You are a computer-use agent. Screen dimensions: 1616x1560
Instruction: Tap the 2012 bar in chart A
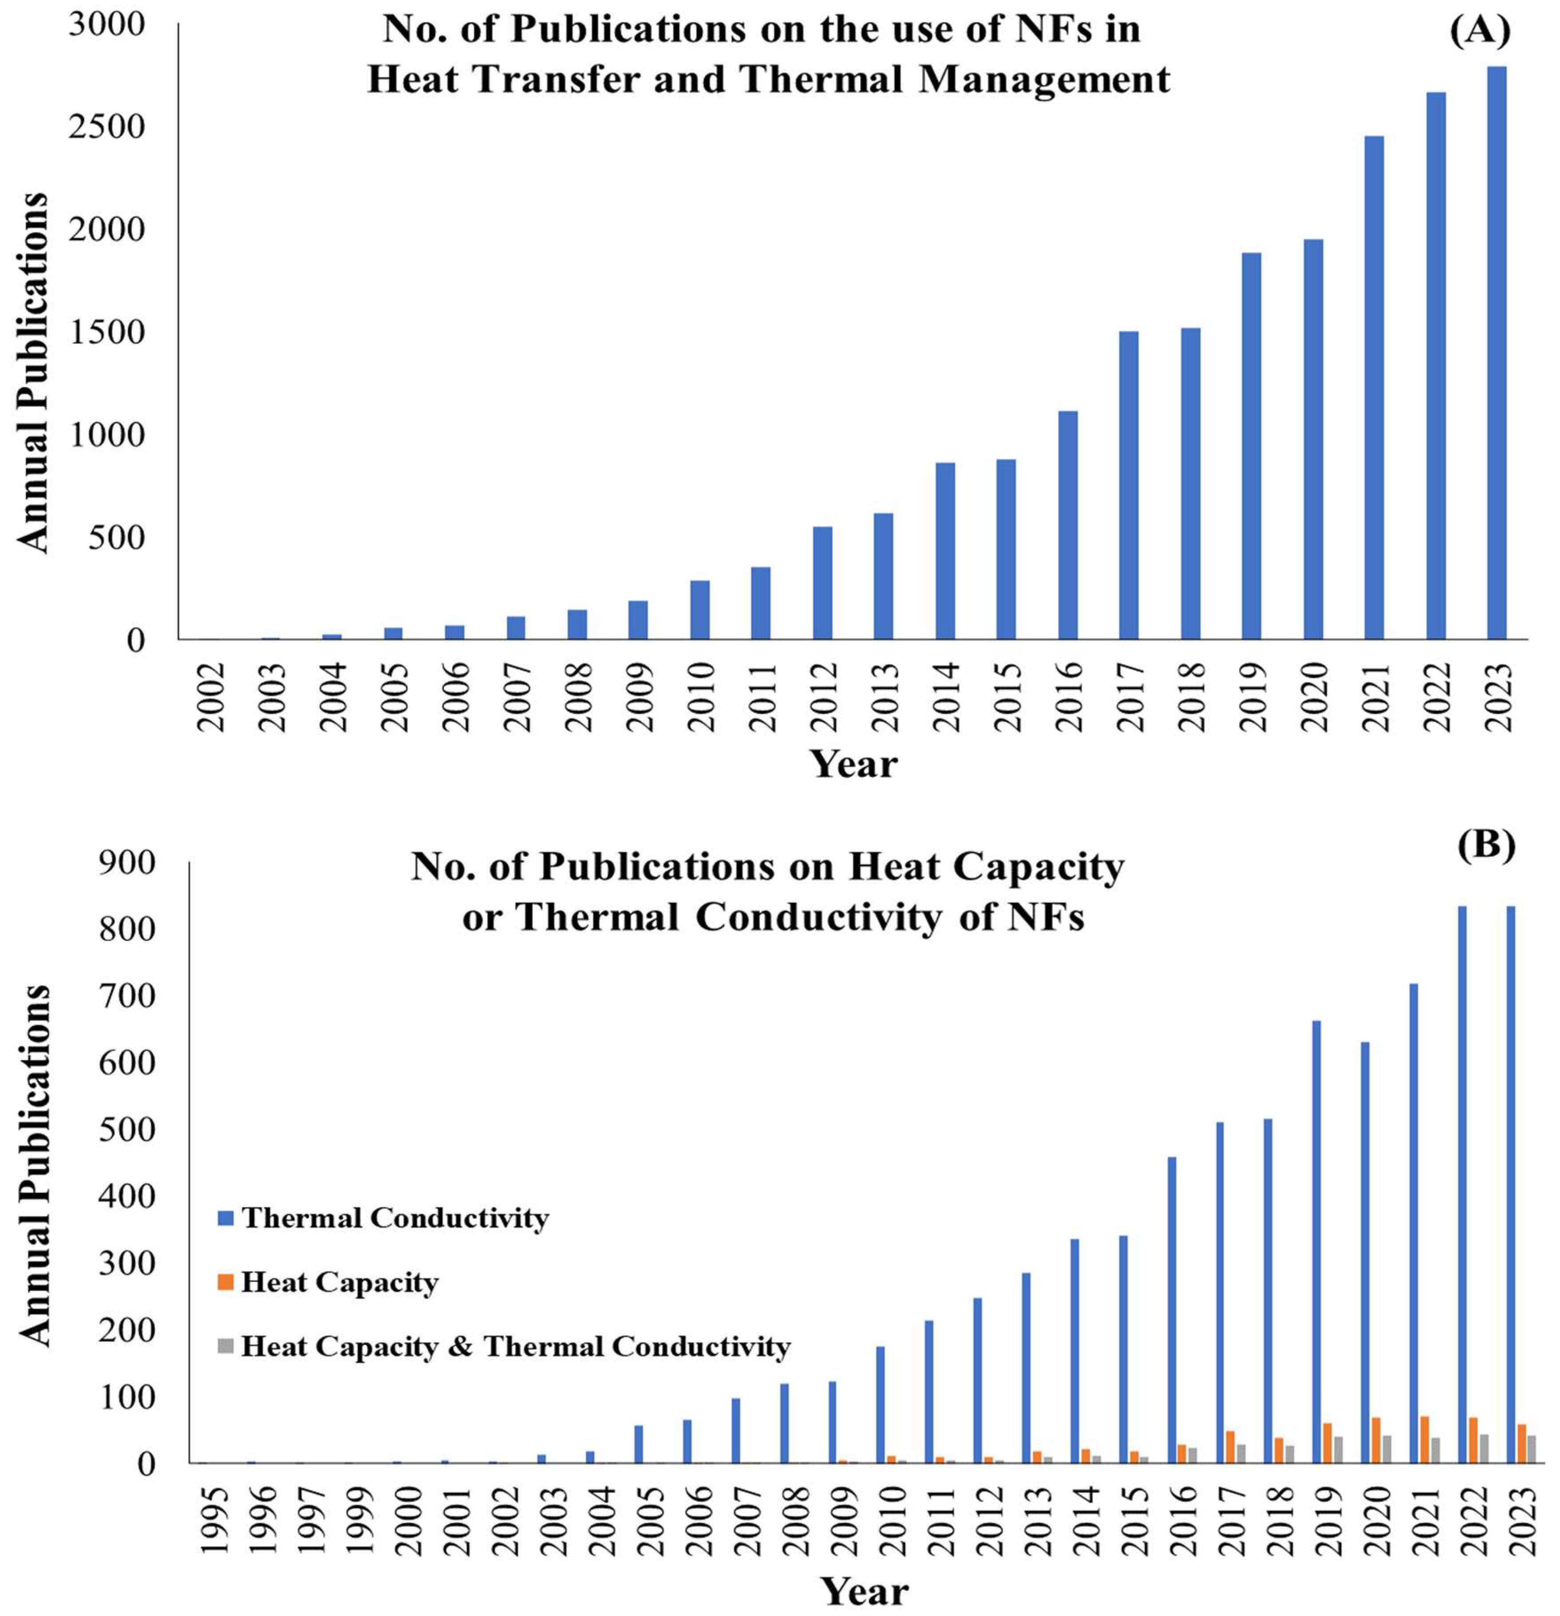pyautogui.click(x=822, y=584)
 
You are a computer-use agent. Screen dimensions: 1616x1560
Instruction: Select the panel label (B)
pyautogui.click(x=1486, y=847)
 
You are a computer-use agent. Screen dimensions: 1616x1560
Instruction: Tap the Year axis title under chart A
pyautogui.click(x=853, y=764)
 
